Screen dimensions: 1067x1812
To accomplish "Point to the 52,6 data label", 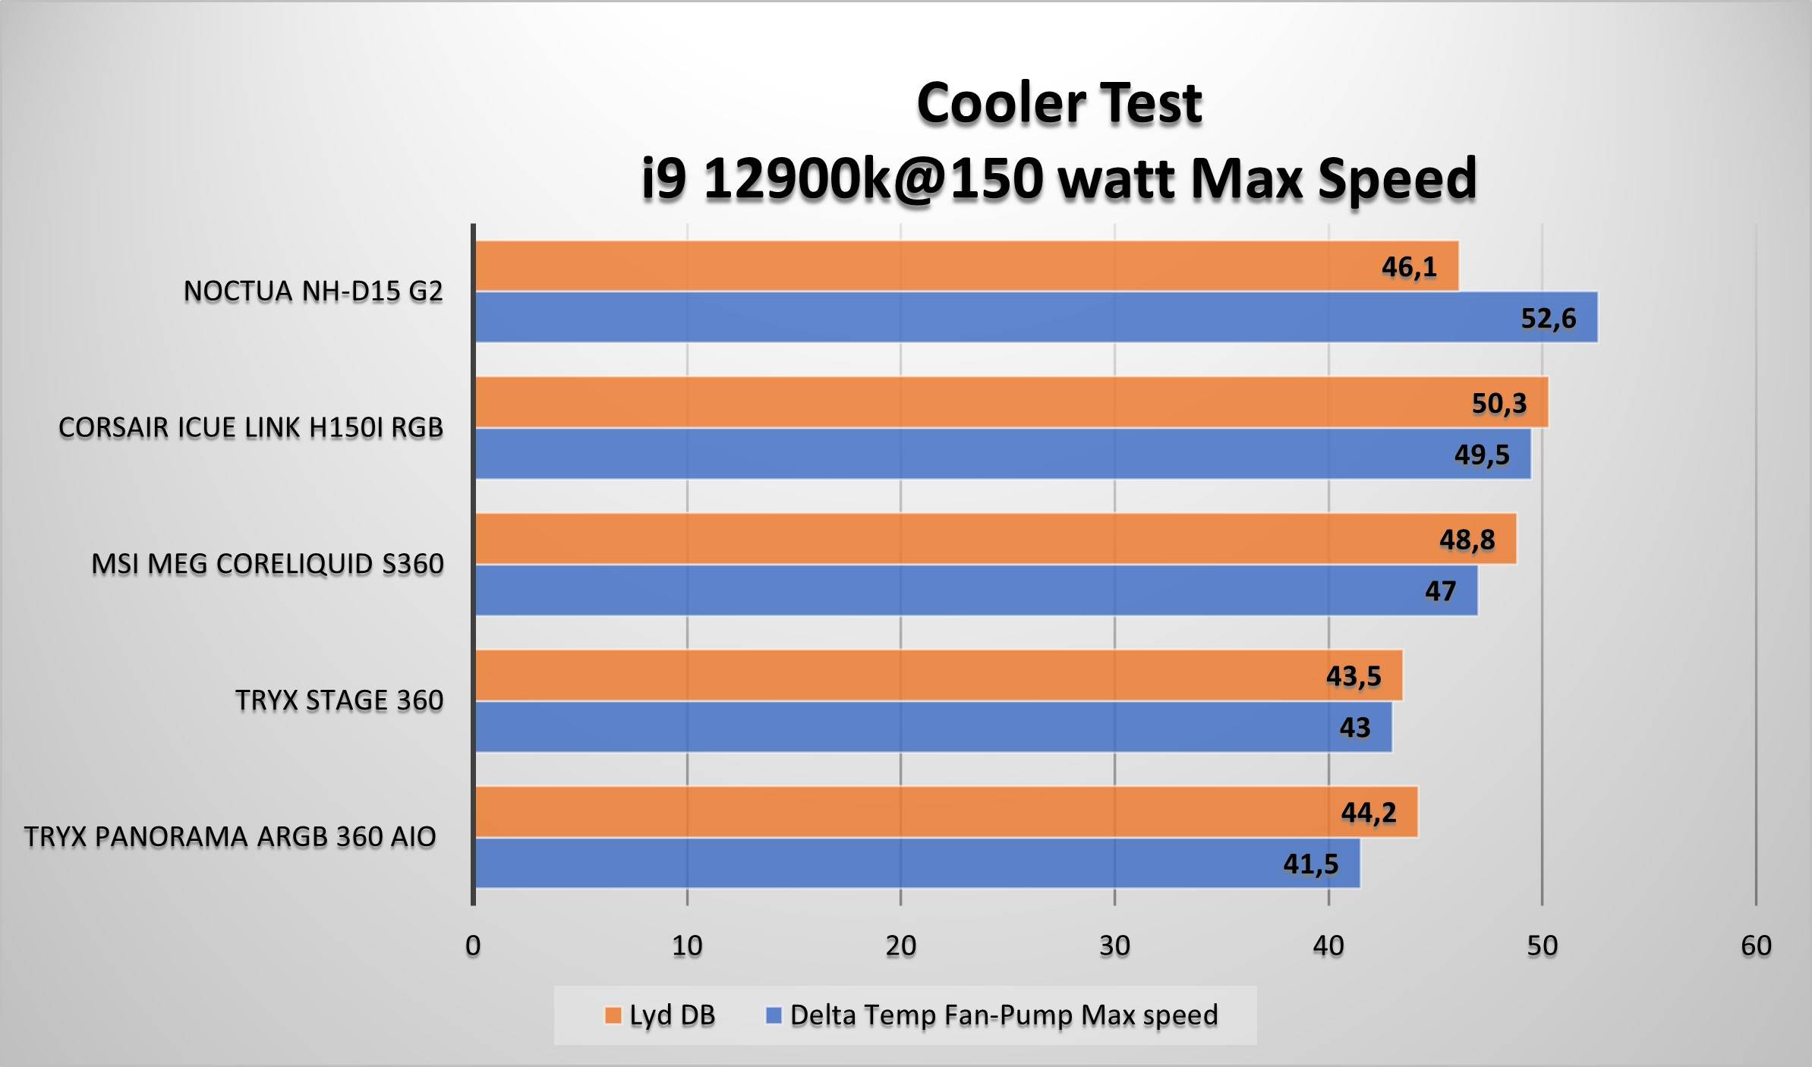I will [x=1548, y=318].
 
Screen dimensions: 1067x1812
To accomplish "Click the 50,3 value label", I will [x=1498, y=403].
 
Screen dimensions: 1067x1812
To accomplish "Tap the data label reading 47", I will [x=1440, y=591].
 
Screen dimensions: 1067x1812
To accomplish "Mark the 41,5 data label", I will [x=1310, y=864].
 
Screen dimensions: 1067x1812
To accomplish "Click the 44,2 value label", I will [x=1368, y=813].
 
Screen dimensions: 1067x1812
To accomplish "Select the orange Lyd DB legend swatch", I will [x=613, y=1015].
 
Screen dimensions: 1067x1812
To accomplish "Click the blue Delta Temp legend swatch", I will [x=774, y=1015].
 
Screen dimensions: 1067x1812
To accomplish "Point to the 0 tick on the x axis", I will [x=473, y=946].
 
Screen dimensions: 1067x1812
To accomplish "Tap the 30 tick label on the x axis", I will [x=1114, y=946].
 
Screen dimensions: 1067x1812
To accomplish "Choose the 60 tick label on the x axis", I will [x=1756, y=946].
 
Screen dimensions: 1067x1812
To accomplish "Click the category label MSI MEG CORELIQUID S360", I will [x=267, y=564].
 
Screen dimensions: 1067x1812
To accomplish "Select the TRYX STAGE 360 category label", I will [x=339, y=700].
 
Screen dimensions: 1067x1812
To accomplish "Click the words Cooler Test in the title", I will [x=1059, y=103].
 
